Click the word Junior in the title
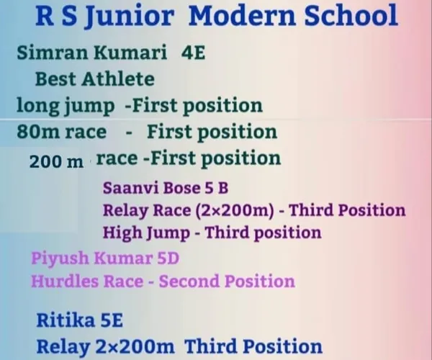point(130,16)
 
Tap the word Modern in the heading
point(242,15)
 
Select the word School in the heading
point(351,15)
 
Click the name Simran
point(52,52)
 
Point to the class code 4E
point(193,53)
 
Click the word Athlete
point(118,79)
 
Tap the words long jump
point(66,107)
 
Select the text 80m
point(38,132)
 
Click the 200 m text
point(56,162)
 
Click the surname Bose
point(182,188)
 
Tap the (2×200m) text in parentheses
point(235,211)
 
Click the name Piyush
point(60,259)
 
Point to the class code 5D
point(168,258)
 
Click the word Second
point(189,282)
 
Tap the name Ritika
point(66,320)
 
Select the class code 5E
point(112,320)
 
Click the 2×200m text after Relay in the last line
point(135,346)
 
